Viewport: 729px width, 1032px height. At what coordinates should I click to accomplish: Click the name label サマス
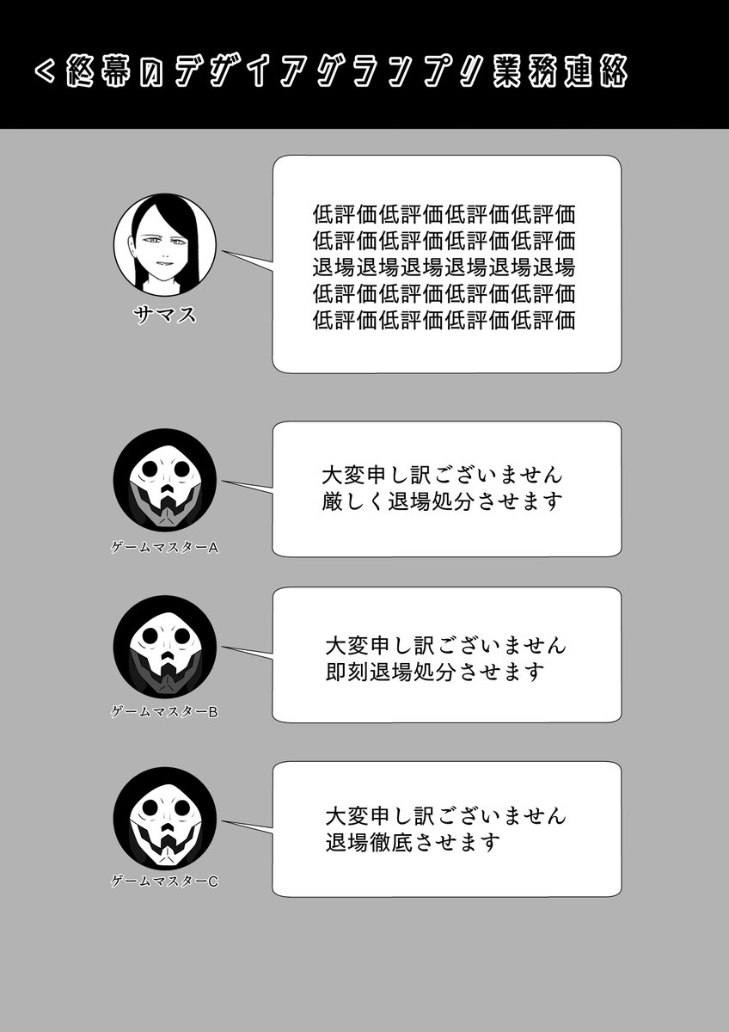tap(164, 316)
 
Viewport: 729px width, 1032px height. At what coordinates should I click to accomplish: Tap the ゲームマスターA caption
tap(164, 548)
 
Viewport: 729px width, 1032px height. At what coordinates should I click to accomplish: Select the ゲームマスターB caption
tap(164, 712)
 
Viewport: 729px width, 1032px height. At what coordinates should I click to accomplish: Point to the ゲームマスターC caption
tap(164, 881)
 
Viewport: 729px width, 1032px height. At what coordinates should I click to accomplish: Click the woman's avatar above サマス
tap(165, 244)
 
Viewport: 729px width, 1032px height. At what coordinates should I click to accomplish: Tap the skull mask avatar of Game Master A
tap(165, 480)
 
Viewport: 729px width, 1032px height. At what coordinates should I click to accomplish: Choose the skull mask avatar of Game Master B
tap(165, 647)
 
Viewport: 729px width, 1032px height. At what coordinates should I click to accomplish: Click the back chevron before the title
tap(46, 72)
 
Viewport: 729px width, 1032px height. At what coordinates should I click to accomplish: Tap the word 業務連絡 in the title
tap(560, 72)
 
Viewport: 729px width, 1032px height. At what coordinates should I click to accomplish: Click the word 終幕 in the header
tap(98, 72)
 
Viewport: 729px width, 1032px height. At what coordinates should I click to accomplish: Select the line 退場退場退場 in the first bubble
tap(444, 267)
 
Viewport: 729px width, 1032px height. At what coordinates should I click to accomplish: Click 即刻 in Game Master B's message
tap(347, 673)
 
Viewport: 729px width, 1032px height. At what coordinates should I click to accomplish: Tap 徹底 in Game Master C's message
tap(391, 843)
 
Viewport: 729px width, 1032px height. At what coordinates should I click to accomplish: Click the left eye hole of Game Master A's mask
tap(150, 470)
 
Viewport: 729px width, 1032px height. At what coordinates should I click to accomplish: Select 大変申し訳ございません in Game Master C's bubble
tap(446, 816)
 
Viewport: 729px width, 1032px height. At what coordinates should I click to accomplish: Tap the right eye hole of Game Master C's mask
tap(181, 808)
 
